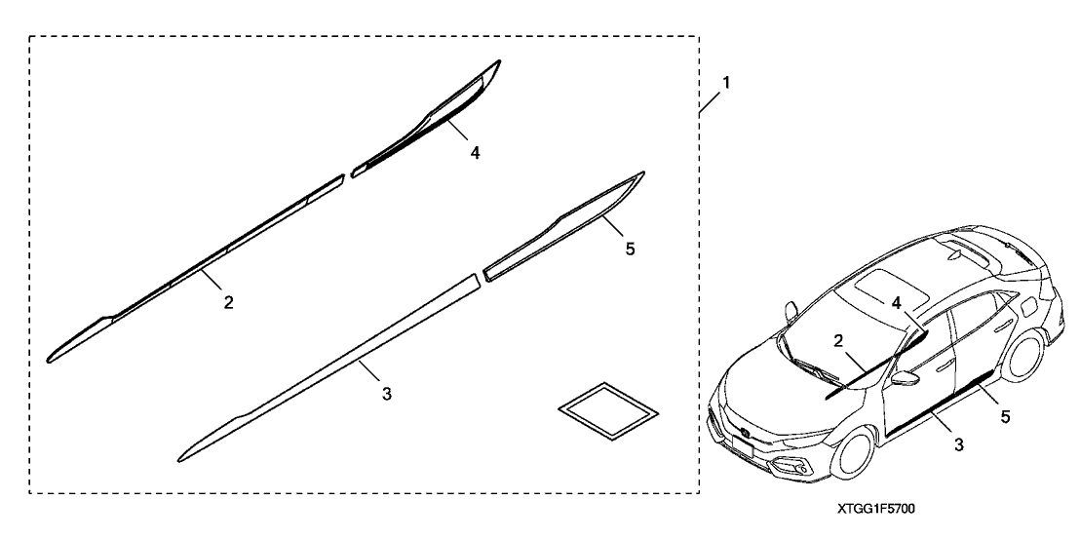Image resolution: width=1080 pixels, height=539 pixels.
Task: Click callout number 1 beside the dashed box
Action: pyautogui.click(x=725, y=83)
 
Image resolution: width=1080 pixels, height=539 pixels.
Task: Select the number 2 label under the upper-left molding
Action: pyautogui.click(x=229, y=301)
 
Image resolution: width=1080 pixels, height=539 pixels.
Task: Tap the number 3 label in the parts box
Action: pyautogui.click(x=387, y=394)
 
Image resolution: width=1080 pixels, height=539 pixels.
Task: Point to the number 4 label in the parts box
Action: pyautogui.click(x=475, y=153)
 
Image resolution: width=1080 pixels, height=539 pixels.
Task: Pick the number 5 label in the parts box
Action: pyautogui.click(x=631, y=249)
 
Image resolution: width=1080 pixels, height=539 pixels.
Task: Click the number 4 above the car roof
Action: pyautogui.click(x=897, y=303)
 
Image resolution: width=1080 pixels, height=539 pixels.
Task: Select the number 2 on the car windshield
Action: pyautogui.click(x=838, y=341)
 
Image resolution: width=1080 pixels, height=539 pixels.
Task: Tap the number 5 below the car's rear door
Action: pyautogui.click(x=1006, y=416)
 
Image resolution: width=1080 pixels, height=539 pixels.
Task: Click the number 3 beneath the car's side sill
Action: pyautogui.click(x=959, y=444)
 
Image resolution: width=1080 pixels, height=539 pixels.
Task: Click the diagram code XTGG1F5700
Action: pyautogui.click(x=876, y=509)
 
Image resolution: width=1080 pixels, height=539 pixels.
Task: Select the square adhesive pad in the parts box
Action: pyautogui.click(x=607, y=411)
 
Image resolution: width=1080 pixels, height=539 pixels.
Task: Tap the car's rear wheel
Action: pyautogui.click(x=1022, y=355)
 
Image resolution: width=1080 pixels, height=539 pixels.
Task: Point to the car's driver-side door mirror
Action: pyautogui.click(x=905, y=378)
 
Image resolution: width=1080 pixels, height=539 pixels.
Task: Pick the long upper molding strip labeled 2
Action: pyautogui.click(x=196, y=268)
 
